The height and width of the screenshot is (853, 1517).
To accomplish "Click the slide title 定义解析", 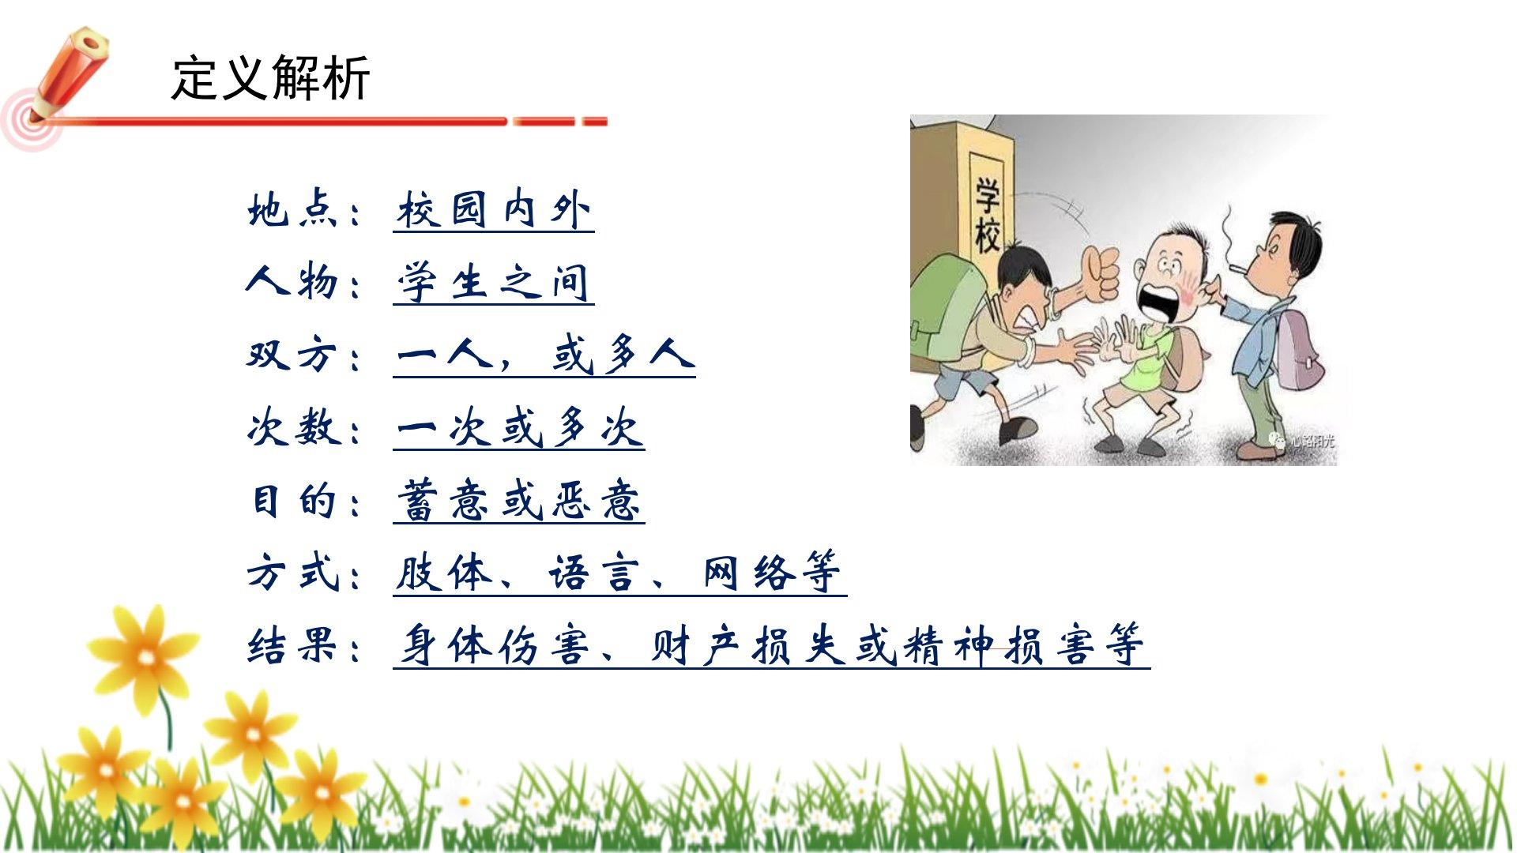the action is pos(270,78).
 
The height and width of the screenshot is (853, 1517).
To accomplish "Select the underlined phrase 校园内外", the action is pos(494,210).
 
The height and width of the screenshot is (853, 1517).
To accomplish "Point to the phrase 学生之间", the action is pos(494,282).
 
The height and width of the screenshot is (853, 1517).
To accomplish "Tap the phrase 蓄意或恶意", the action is pos(519,501).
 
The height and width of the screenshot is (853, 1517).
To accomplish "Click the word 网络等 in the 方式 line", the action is pos(772,573).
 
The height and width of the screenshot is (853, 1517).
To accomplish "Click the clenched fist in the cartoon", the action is pos(1099,273).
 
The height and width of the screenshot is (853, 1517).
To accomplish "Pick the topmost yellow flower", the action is pos(143,655).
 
